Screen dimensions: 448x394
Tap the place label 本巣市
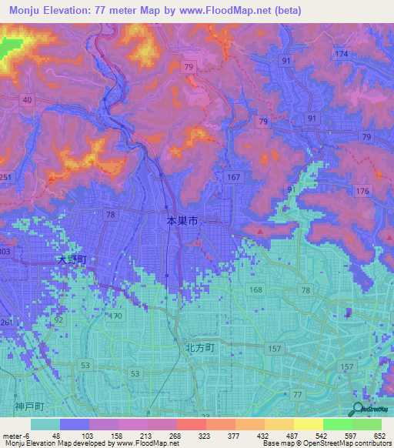click(182, 221)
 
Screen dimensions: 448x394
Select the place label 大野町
click(74, 261)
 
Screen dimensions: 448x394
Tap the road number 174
click(342, 53)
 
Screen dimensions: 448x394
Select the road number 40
click(27, 100)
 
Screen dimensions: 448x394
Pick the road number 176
click(362, 190)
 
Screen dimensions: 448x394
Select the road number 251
click(5, 178)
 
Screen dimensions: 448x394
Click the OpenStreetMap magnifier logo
click(359, 410)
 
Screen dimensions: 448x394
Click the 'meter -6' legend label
click(15, 434)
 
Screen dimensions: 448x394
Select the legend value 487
click(295, 434)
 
